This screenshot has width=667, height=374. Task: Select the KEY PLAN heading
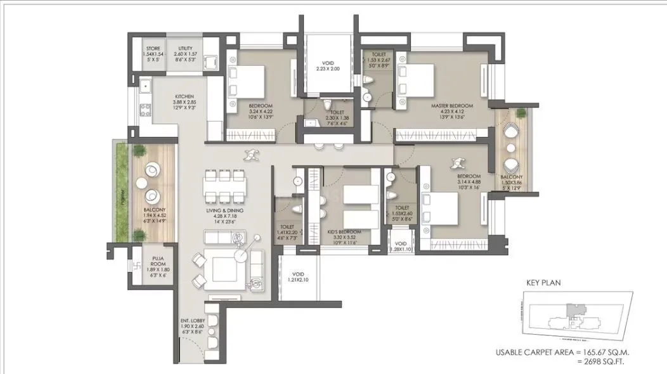[x=543, y=285]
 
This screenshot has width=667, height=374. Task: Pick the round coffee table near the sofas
[x=242, y=253]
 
